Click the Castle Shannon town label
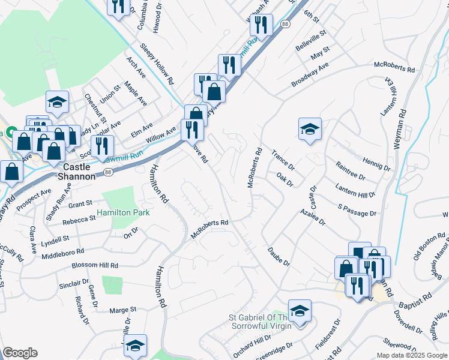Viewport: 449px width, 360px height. [x=77, y=171]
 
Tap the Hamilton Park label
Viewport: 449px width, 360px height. [x=123, y=212]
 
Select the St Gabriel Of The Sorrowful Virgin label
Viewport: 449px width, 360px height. [x=264, y=321]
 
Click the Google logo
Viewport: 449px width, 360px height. [x=20, y=353]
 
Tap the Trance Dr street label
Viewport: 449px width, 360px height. [x=283, y=160]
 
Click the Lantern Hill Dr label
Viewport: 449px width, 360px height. [x=355, y=191]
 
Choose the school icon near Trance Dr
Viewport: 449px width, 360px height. [x=310, y=128]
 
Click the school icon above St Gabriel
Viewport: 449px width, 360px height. [x=300, y=310]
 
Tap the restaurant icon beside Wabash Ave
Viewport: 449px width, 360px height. [x=262, y=25]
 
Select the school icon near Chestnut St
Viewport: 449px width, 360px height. [x=57, y=102]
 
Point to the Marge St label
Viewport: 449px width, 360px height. [x=124, y=310]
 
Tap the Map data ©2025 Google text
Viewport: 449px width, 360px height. [x=411, y=355]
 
